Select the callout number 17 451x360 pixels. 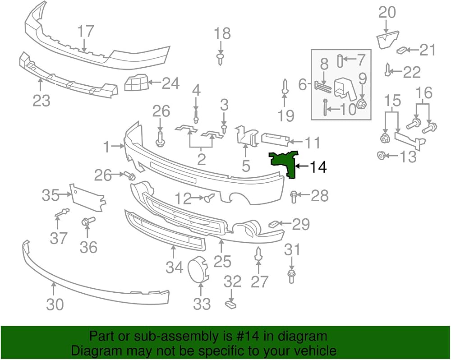point(86,31)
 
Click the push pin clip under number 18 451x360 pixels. point(221,58)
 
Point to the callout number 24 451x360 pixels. point(171,83)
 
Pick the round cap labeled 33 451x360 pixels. point(198,268)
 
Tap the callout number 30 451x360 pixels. point(55,305)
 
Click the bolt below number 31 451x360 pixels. point(291,276)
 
